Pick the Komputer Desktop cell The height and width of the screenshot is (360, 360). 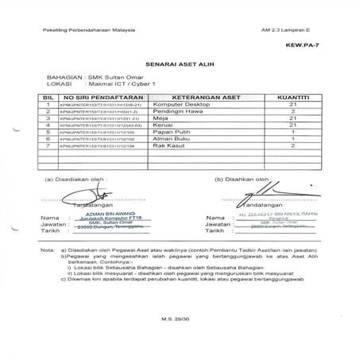coord(180,103)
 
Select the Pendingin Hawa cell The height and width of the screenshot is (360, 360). coord(177,110)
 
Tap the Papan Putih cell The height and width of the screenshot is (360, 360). coord(172,132)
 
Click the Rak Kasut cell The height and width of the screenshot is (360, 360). coord(168,146)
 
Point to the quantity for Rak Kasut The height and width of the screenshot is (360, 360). coord(293,146)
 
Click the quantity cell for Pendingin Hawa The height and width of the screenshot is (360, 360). coord(293,110)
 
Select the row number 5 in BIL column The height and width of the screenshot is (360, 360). coord(48,132)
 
